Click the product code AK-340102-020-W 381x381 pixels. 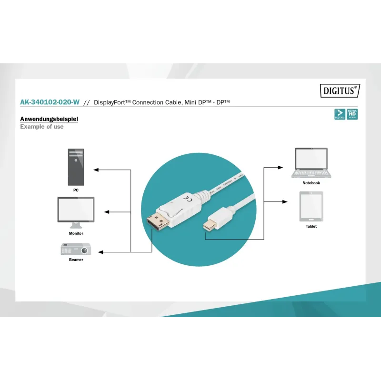pyautogui.click(x=50, y=102)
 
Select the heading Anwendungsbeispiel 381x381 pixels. pyautogui.click(x=49, y=119)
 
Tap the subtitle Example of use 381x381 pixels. pyautogui.click(x=41, y=127)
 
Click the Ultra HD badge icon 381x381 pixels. pyautogui.click(x=352, y=114)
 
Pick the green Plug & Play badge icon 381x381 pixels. pyautogui.click(x=340, y=114)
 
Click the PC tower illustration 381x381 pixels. pyautogui.click(x=76, y=167)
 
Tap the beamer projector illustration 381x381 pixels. pyautogui.click(x=76, y=249)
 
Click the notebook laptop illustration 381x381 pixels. pyautogui.click(x=311, y=163)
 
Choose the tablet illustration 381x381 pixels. pyautogui.click(x=311, y=206)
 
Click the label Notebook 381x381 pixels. pyautogui.click(x=311, y=183)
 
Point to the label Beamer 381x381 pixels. pyautogui.click(x=76, y=260)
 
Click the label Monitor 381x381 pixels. pyautogui.click(x=76, y=233)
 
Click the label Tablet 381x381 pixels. pyautogui.click(x=311, y=226)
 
